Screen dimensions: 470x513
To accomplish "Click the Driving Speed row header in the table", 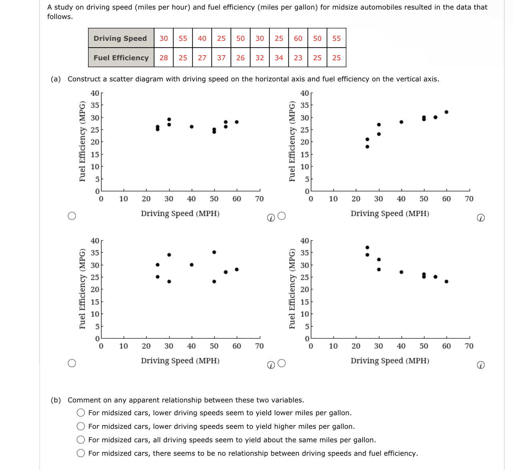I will pos(120,38).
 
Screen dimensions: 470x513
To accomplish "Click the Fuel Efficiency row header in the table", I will pos(121,58).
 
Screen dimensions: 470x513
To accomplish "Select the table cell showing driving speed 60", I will pos(298,38).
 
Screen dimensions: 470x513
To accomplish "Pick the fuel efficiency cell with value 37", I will pos(221,58).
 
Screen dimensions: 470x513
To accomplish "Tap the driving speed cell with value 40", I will pos(202,38).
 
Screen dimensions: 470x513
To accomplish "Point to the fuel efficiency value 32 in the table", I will pos(260,58).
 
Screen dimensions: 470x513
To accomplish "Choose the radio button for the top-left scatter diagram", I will pos(72,216).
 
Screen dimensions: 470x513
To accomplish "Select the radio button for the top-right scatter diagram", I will pos(282,216).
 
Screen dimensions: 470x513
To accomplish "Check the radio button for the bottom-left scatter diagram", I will pos(72,363).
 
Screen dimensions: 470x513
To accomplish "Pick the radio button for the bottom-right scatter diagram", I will pos(282,363).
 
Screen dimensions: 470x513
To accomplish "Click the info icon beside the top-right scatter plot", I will pos(481,218).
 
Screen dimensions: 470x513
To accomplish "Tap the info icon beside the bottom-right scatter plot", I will pos(481,365).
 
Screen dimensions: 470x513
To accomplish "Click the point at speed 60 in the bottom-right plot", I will pos(446,282).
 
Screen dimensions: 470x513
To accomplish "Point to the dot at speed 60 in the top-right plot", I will pos(446,112).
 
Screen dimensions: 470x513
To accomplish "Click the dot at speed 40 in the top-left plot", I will pos(192,127).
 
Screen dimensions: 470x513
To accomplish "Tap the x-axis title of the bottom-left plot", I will pos(180,361).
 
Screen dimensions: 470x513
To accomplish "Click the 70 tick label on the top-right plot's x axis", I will pos(469,199).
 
